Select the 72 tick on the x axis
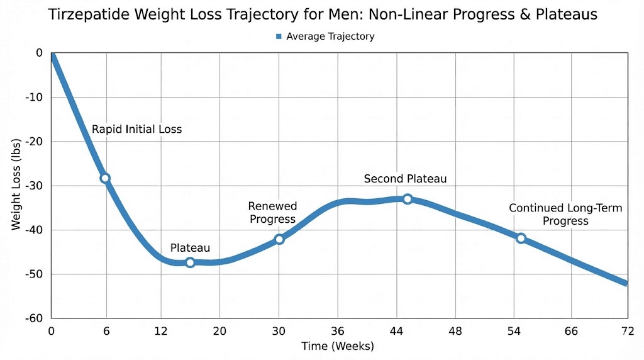626,331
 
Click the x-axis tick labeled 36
338,331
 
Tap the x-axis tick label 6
106,331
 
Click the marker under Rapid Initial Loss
105,178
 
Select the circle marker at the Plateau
190,262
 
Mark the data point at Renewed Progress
279,239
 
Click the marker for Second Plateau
408,199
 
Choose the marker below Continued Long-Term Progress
521,238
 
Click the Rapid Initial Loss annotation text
136,130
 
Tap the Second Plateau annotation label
405,179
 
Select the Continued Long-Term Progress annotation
565,215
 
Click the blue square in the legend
277,37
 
